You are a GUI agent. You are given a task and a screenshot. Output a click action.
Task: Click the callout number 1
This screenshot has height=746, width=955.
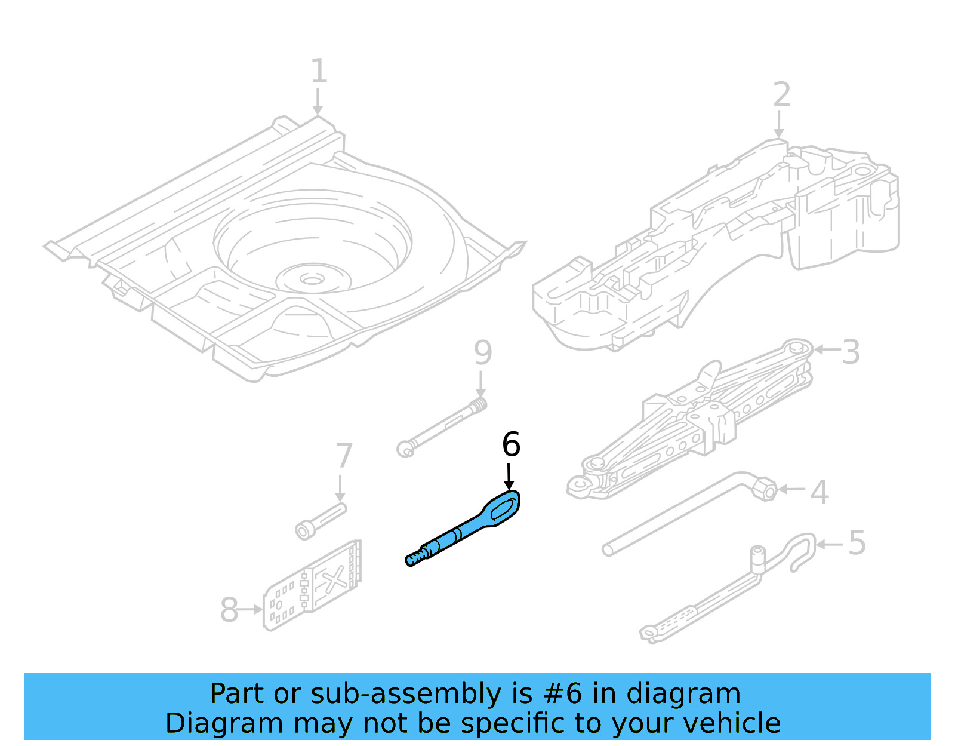pyautogui.click(x=319, y=72)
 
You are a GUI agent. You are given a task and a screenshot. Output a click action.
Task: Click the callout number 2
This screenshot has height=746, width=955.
pyautogui.click(x=781, y=95)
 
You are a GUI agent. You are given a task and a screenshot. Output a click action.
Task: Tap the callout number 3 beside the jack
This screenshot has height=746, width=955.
pyautogui.click(x=851, y=352)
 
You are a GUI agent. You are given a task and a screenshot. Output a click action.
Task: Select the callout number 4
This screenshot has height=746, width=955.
pyautogui.click(x=820, y=492)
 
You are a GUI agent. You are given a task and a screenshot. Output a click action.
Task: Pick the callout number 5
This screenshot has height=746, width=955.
pyautogui.click(x=857, y=544)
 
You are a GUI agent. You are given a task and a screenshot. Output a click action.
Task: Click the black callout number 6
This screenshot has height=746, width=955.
pyautogui.click(x=511, y=445)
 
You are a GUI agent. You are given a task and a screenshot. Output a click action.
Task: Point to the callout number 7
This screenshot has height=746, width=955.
pyautogui.click(x=344, y=456)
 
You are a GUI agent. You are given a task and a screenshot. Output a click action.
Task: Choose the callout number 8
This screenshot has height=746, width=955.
pyautogui.click(x=229, y=610)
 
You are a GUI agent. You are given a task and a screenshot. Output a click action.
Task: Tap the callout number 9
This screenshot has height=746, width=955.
pyautogui.click(x=483, y=353)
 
